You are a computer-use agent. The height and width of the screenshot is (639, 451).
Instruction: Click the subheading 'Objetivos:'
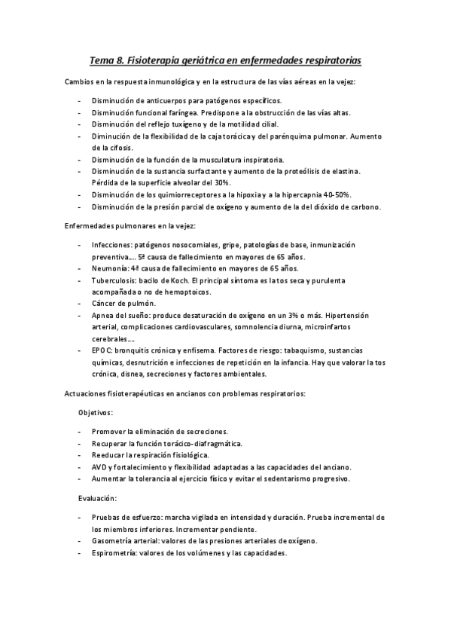(x=96, y=413)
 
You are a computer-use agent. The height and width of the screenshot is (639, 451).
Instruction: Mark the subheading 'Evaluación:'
(x=98, y=498)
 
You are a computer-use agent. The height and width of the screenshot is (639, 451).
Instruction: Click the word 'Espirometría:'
(x=114, y=552)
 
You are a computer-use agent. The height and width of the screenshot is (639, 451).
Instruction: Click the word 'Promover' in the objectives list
(x=108, y=432)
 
